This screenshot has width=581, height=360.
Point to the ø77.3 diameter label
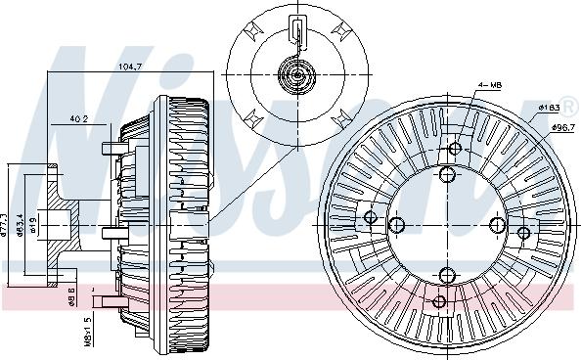click(7, 225)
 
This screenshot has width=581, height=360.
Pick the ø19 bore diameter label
click(34, 226)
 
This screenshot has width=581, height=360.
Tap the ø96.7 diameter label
click(560, 127)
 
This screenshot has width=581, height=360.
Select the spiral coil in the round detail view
click(297, 73)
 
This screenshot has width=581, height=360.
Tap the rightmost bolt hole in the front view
click(524, 233)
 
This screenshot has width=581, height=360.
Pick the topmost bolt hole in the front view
click(455, 149)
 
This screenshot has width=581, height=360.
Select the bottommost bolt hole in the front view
click(441, 301)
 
